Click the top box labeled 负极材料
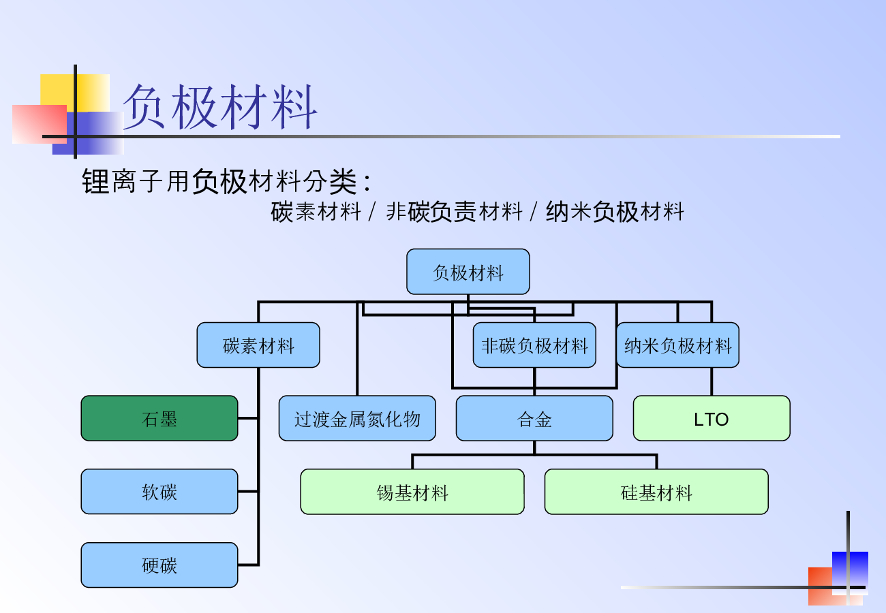click(x=468, y=272)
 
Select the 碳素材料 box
click(x=258, y=345)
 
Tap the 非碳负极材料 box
click(x=534, y=345)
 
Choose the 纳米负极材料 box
click(x=677, y=345)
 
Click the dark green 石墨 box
click(x=159, y=418)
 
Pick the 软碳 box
click(x=159, y=492)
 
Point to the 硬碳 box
click(x=159, y=565)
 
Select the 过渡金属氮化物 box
click(x=357, y=418)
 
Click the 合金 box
click(x=534, y=418)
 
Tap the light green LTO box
click(x=712, y=418)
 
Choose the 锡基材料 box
click(x=412, y=492)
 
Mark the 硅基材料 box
click(x=656, y=492)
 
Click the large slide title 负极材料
click(x=220, y=107)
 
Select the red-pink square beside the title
click(x=34, y=123)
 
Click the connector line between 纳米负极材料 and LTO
click(x=712, y=381)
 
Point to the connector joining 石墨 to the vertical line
click(x=248, y=418)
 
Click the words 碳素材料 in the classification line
click(x=316, y=212)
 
